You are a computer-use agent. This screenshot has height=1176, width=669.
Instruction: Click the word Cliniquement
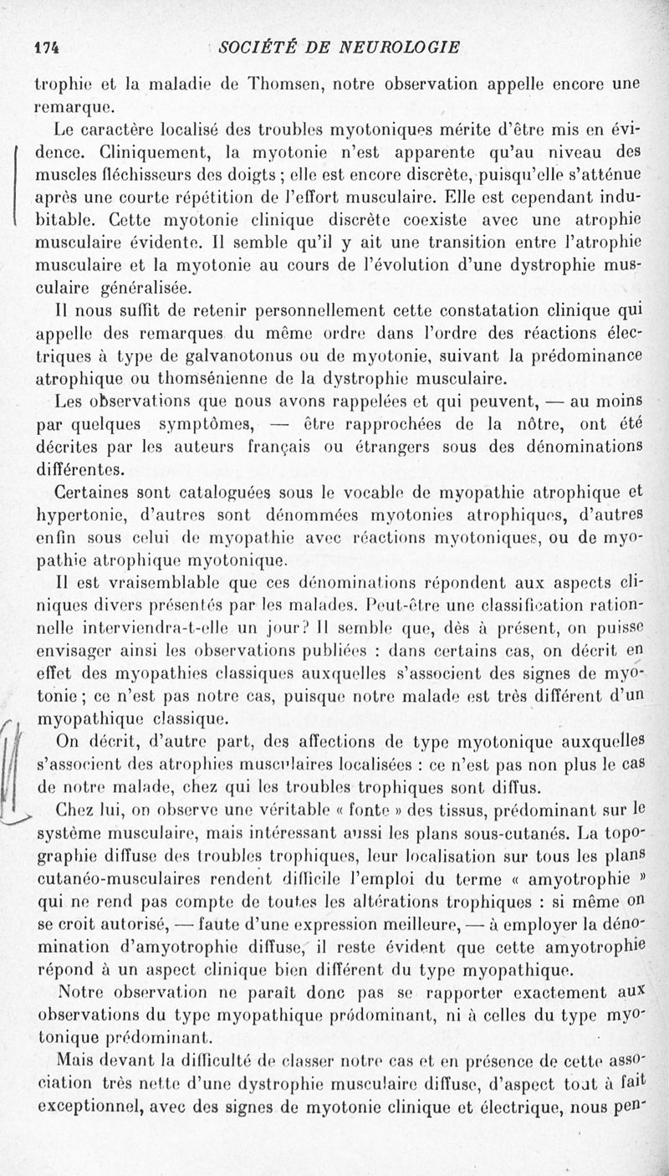click(122, 153)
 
